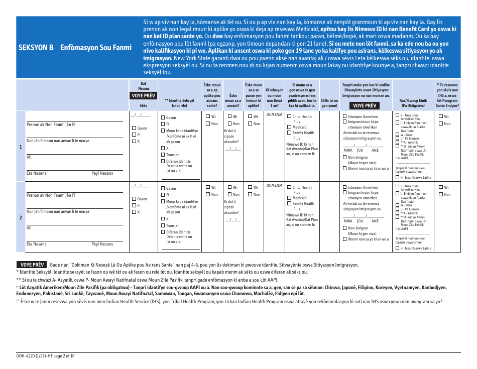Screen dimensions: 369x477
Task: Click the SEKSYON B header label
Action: (x=36, y=48)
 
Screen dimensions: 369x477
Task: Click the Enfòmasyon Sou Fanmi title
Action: (x=96, y=48)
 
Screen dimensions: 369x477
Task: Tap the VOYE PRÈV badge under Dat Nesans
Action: (x=143, y=95)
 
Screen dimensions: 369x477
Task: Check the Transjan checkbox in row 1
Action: (x=163, y=155)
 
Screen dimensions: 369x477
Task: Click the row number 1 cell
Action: (x=20, y=147)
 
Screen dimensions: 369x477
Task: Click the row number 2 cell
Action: (x=20, y=217)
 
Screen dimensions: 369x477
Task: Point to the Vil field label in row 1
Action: (x=29, y=157)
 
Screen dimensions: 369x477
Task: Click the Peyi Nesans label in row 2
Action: (x=102, y=244)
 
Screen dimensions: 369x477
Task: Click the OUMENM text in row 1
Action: (x=274, y=115)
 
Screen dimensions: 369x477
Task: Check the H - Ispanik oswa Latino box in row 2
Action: (x=397, y=248)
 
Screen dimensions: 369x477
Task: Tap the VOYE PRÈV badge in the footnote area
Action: (x=33, y=264)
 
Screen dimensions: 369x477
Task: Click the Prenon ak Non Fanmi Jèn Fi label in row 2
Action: (x=51, y=195)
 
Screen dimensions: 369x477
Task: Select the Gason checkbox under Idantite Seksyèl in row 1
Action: (x=163, y=118)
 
